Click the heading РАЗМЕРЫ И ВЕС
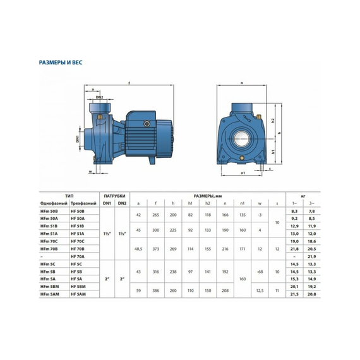[x=61, y=63]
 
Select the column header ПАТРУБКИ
[x=115, y=196]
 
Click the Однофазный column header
[x=52, y=203]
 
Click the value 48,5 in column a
[x=138, y=251]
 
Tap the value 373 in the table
[x=155, y=251]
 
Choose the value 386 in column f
[x=155, y=291]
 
